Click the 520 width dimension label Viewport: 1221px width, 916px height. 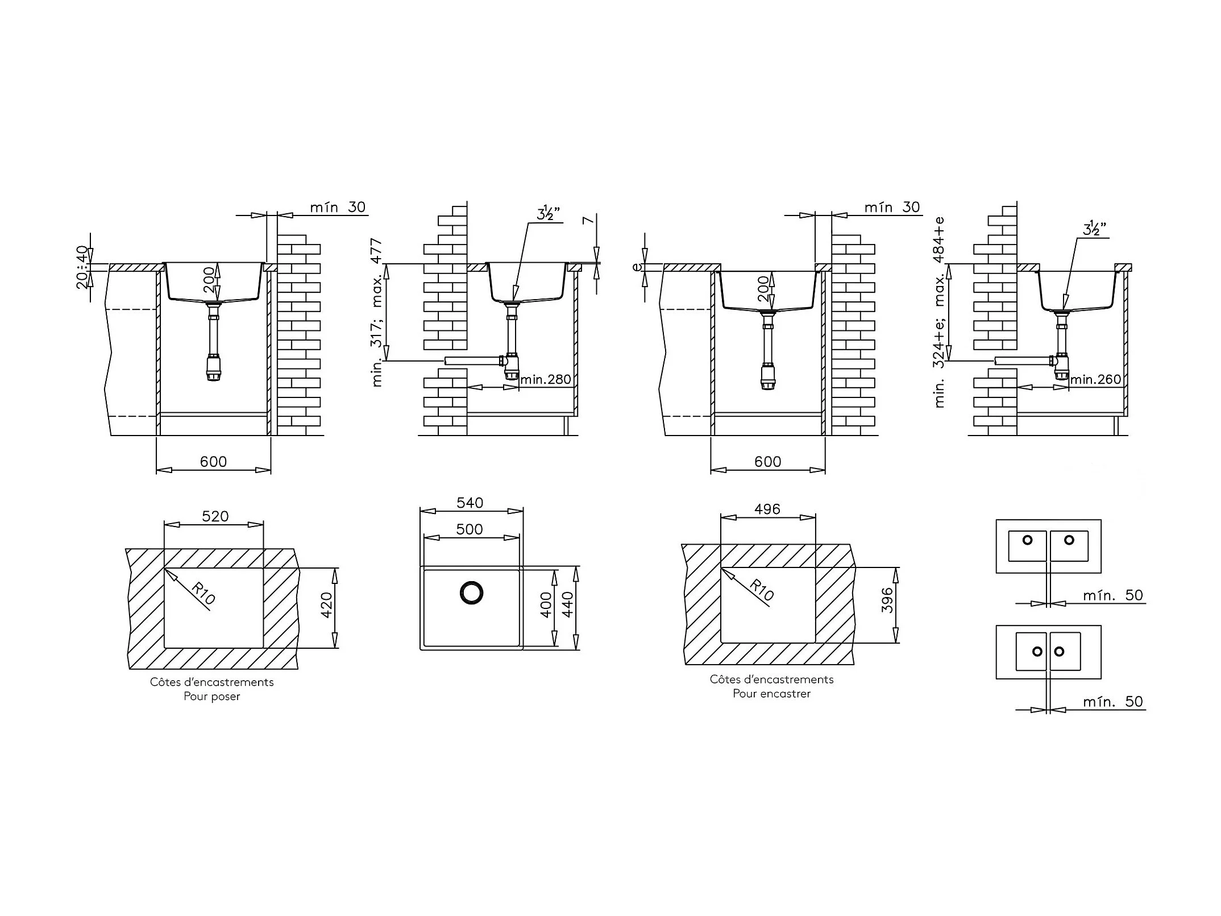(215, 516)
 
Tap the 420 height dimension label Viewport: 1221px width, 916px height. (326, 606)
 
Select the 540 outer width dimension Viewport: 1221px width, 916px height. (470, 503)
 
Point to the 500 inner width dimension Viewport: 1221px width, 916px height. (470, 529)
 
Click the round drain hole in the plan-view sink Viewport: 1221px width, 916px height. (471, 592)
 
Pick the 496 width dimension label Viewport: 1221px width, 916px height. (767, 509)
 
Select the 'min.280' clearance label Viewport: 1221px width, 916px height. (545, 379)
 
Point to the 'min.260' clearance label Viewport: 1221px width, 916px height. (1095, 379)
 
